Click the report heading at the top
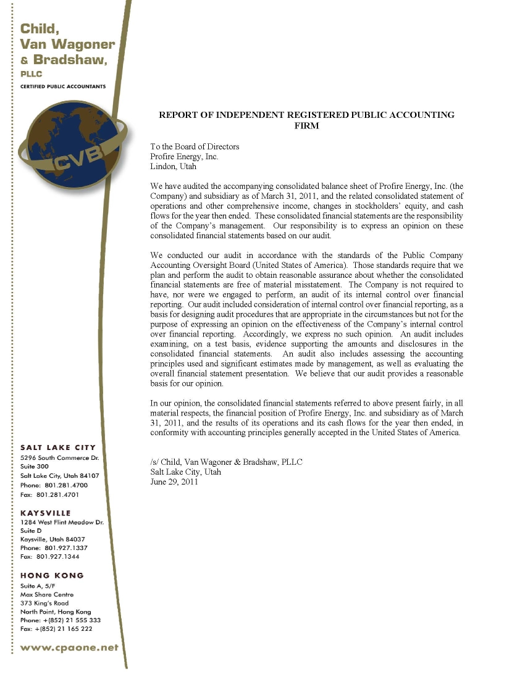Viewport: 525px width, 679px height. [x=306, y=120]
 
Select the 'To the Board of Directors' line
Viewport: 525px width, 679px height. [x=195, y=146]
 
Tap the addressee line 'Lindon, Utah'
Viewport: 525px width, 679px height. [x=174, y=166]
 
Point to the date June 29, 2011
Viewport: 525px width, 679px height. [x=174, y=481]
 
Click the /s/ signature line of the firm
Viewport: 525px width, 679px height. [x=226, y=462]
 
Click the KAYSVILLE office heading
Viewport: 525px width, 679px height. [x=45, y=512]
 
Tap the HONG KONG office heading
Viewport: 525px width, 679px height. [x=52, y=575]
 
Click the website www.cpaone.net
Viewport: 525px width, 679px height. [x=69, y=648]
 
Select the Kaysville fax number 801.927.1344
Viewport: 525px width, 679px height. [x=49, y=556]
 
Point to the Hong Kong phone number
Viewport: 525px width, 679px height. [x=60, y=620]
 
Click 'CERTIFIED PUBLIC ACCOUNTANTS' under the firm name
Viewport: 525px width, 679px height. [x=63, y=86]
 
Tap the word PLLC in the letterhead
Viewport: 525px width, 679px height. [x=31, y=73]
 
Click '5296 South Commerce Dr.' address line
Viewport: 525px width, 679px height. [x=60, y=457]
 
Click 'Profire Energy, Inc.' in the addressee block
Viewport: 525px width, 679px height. [x=184, y=156]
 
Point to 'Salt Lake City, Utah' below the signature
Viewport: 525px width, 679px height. [x=185, y=472]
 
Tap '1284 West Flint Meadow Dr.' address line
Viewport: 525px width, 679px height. [x=62, y=522]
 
